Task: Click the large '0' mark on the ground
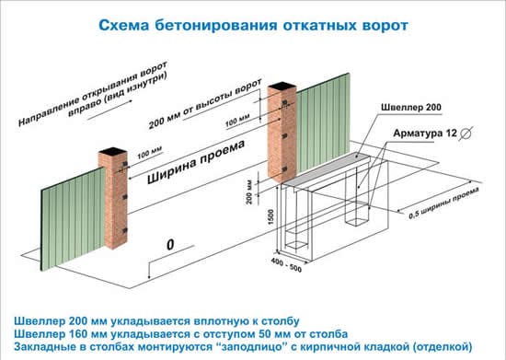point(169,245)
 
